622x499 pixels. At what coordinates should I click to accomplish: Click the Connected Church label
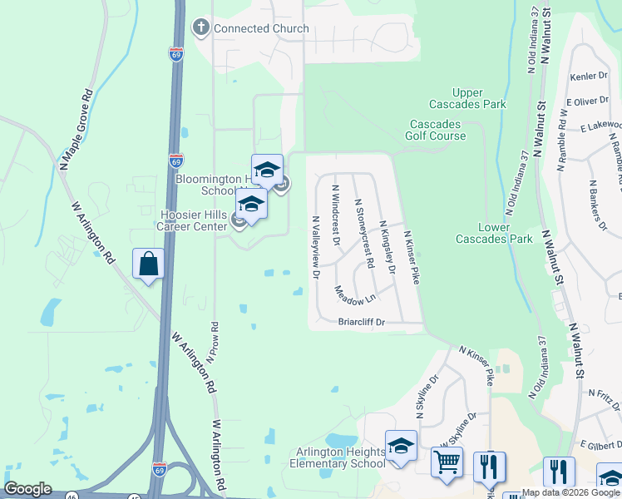click(261, 28)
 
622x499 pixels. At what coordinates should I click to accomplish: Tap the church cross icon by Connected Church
click(200, 28)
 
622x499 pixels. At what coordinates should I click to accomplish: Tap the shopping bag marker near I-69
click(148, 264)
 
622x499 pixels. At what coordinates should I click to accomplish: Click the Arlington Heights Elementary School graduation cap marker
click(400, 446)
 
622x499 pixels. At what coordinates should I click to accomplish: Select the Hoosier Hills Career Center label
click(194, 220)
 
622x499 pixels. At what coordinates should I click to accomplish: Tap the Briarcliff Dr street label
click(362, 322)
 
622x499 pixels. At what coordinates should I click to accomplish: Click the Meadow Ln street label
click(355, 294)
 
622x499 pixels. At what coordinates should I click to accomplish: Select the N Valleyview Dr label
click(316, 247)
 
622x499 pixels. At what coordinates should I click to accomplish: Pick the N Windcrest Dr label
click(336, 215)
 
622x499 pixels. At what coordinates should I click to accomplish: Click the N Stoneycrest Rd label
click(364, 233)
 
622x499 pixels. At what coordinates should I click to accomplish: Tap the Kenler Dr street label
click(590, 77)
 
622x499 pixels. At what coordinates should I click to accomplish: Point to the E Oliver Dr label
click(587, 101)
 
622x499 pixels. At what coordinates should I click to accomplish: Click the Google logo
click(27, 489)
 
